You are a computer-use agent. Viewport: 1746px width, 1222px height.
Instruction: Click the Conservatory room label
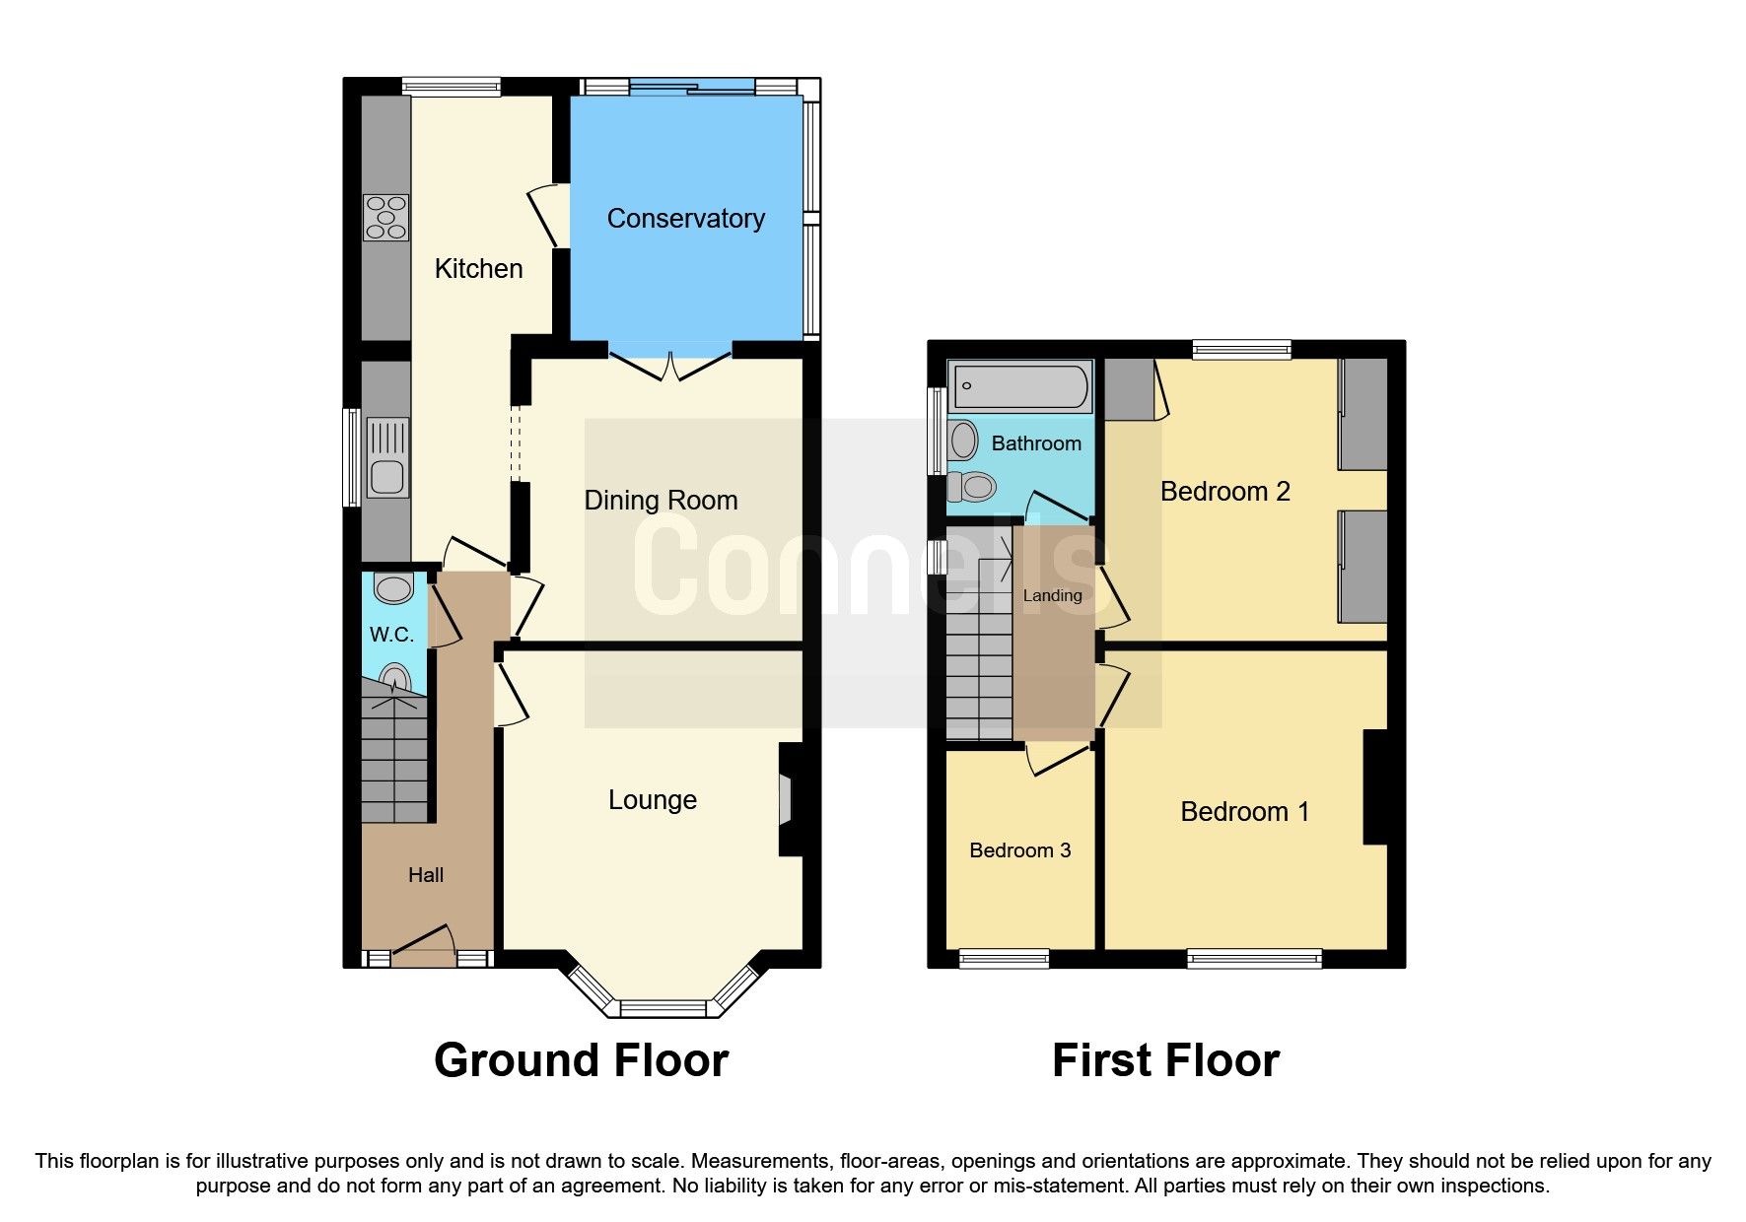[685, 218]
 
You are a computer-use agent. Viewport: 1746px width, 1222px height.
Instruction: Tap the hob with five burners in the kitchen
[385, 218]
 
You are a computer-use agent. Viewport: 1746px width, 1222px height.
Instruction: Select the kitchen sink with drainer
[386, 458]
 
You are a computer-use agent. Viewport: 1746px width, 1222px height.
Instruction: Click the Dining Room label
[661, 501]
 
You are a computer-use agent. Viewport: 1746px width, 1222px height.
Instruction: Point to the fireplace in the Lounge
[786, 799]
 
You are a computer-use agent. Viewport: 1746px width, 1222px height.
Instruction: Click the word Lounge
[652, 800]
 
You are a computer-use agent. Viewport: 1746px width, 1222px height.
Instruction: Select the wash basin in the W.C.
[394, 588]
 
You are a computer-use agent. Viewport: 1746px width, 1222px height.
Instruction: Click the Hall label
[426, 875]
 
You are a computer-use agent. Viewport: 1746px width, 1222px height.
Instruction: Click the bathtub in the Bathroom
[1019, 386]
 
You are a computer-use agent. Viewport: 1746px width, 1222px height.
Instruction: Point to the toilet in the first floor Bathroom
[972, 486]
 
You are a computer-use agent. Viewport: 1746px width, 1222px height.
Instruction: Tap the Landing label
[1052, 595]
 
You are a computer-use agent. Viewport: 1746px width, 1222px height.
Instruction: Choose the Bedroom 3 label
[1019, 850]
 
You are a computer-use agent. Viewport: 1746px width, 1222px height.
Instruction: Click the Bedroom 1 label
[1244, 812]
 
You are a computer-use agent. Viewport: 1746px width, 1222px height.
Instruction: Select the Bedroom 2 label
[1224, 492]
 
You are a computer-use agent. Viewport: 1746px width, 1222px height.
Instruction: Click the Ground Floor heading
[581, 1061]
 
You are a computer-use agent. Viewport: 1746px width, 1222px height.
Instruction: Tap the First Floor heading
[1165, 1061]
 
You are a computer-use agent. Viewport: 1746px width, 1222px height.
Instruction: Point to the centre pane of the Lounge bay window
[663, 1008]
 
